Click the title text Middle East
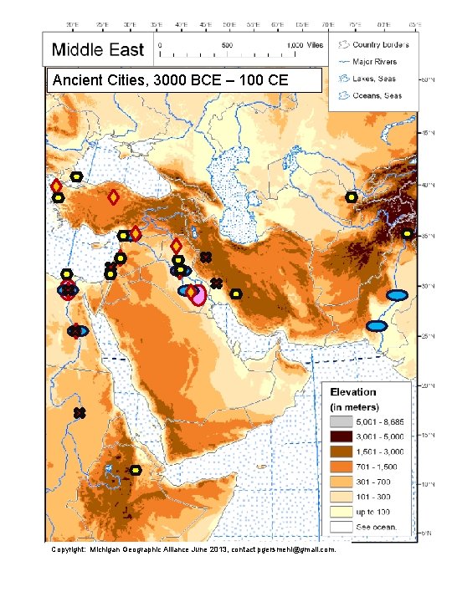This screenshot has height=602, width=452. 98,50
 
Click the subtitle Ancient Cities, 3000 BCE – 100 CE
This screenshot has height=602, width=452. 170,81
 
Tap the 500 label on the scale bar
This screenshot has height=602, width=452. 227,45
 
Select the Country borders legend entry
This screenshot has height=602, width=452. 375,43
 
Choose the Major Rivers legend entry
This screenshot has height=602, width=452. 375,61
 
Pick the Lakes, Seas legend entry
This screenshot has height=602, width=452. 374,79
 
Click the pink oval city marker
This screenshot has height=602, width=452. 198,295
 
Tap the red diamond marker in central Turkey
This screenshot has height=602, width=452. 113,197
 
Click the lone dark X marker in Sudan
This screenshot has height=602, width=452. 80,413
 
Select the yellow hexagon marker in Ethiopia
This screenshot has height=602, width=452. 135,470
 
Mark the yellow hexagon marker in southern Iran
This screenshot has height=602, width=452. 237,294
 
